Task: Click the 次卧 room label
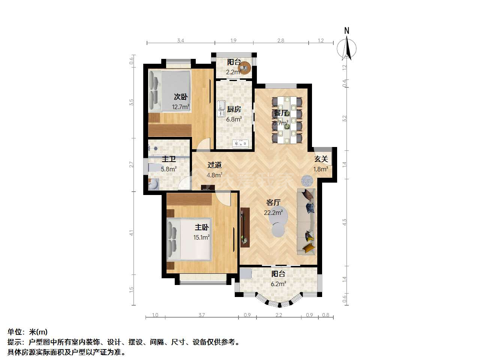tap(181, 97)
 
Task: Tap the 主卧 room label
tap(202, 227)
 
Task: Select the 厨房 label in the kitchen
tap(234, 109)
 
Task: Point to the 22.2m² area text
tap(273, 213)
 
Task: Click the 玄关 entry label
tap(321, 159)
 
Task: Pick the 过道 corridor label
tap(214, 165)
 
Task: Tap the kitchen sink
tap(222, 108)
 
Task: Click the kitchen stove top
tap(240, 144)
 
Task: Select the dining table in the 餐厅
tap(287, 120)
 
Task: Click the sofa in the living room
tap(306, 222)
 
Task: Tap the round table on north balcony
tap(244, 68)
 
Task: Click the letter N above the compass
tap(346, 31)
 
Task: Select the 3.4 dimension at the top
tap(180, 40)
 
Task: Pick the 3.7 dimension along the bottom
tap(202, 315)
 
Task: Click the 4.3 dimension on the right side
tap(344, 222)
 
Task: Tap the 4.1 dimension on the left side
tap(131, 233)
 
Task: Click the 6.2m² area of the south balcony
tap(278, 284)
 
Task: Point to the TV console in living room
tap(245, 227)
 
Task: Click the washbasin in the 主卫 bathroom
tap(153, 184)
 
